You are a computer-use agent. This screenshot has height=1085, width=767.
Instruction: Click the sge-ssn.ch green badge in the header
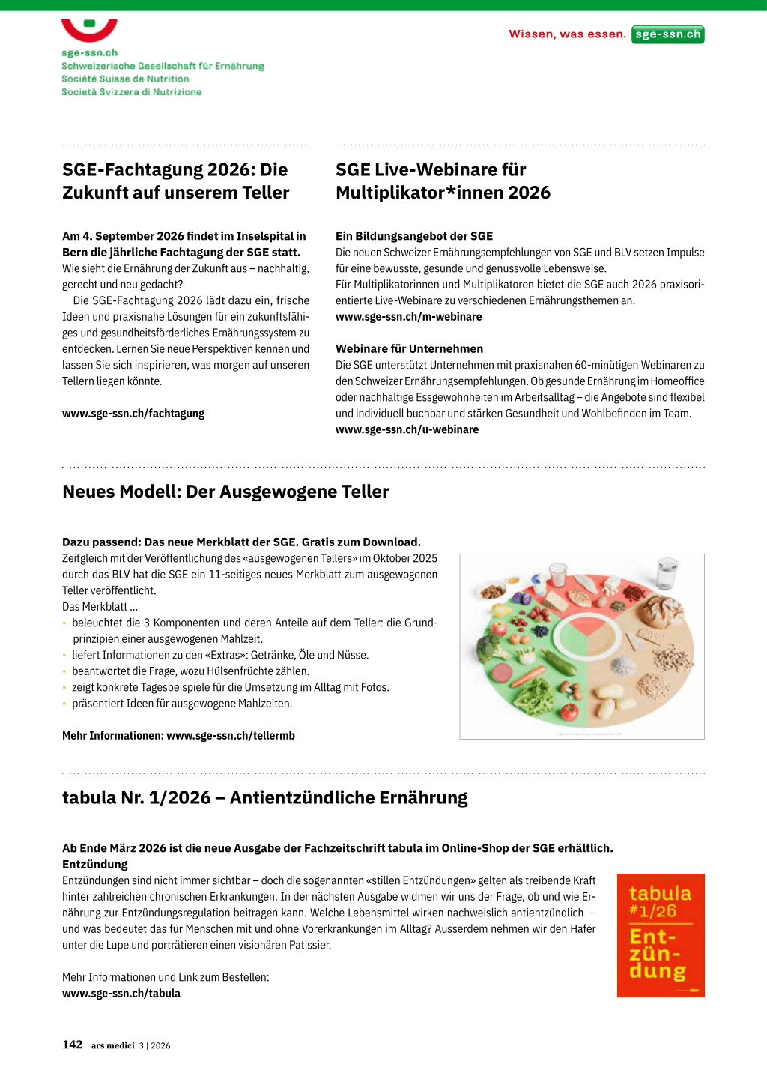pos(667,34)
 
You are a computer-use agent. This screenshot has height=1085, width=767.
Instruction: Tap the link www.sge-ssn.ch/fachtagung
pos(133,414)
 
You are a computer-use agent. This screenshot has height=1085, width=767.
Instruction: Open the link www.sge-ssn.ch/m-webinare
pos(408,317)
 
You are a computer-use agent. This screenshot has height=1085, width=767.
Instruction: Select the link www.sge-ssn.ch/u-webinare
pos(407,429)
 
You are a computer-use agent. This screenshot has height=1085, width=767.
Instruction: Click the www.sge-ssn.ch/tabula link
pos(121,994)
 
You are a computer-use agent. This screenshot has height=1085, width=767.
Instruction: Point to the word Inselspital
pos(264,236)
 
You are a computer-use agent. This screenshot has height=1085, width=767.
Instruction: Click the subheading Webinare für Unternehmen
pos(409,349)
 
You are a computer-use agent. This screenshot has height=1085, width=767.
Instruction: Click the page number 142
pos(73,1045)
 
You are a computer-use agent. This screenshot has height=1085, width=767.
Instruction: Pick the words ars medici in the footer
pos(112,1045)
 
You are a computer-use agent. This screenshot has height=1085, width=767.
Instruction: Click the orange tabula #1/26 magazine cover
pos(661,935)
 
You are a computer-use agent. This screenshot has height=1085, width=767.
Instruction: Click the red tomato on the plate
pos(571,710)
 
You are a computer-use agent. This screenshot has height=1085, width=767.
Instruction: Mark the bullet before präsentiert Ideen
pos(64,704)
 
